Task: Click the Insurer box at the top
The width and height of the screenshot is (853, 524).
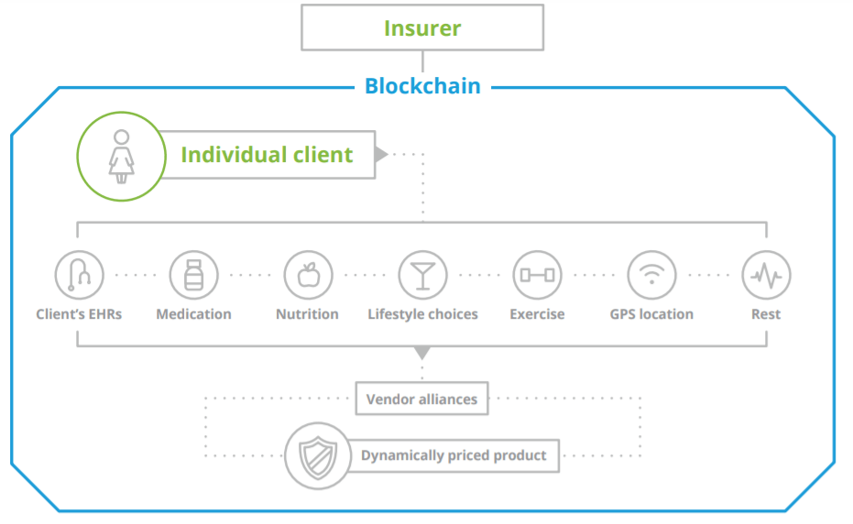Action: coord(422,27)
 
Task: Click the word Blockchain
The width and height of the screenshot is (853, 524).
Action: coord(422,86)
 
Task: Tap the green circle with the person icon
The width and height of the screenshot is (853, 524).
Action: coord(120,156)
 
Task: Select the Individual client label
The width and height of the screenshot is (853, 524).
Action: coord(267,155)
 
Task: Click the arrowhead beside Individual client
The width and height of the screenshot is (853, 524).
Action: coord(381,154)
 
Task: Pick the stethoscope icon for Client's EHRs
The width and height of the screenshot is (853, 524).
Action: coord(79,274)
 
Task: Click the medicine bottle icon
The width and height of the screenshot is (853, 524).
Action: coord(193,274)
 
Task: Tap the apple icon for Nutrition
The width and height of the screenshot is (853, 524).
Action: coord(308,274)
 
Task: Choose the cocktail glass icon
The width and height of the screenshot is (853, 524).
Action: coord(422,274)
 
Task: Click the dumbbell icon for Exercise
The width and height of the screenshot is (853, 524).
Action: coord(537,274)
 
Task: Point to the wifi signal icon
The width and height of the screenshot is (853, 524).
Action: coord(651,274)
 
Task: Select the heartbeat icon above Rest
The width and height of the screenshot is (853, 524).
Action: coord(766,274)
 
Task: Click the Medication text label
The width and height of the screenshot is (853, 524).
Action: coord(193,314)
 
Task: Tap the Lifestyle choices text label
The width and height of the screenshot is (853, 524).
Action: coord(422,314)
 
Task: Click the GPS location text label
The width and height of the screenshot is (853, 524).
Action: coord(651,314)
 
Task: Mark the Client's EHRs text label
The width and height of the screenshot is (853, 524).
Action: coord(79,314)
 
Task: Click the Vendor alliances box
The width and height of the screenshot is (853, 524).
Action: coord(421,398)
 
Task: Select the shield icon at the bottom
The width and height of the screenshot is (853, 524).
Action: coord(317,455)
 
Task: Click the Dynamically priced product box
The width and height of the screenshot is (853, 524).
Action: coord(454,455)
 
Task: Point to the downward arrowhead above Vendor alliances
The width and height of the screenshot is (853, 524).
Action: coord(421,353)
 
